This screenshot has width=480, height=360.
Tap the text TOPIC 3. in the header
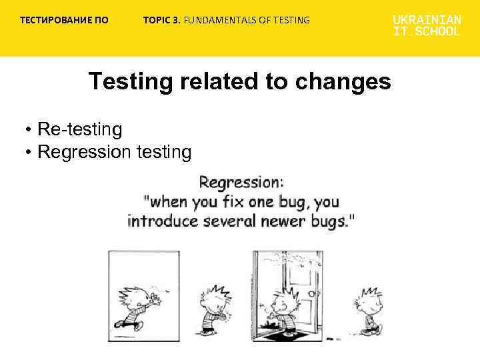161,20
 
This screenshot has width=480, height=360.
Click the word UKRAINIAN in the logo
427,20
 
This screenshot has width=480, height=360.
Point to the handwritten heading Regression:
241,181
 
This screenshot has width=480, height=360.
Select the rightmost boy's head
369,301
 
